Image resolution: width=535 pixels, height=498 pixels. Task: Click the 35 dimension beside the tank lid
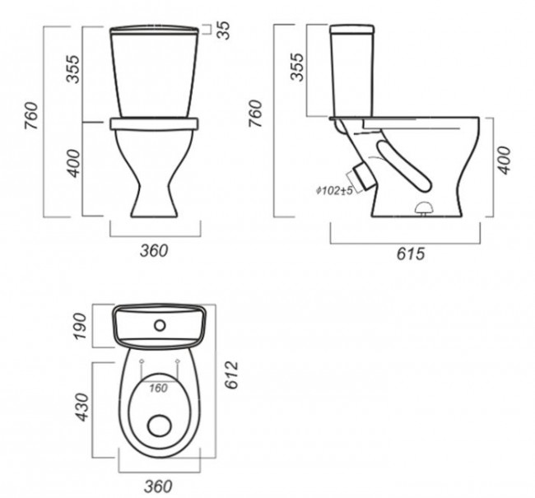point(224,30)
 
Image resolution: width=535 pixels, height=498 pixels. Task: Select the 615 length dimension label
point(411,254)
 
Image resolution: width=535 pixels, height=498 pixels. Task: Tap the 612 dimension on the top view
point(231,375)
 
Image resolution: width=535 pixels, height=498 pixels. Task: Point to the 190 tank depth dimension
point(81,326)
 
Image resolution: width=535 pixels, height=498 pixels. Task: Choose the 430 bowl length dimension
point(81,407)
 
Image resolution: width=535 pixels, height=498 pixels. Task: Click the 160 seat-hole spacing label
point(158,388)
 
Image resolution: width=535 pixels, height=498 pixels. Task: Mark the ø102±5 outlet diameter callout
point(334,190)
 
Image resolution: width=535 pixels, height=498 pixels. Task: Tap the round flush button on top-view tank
point(160,326)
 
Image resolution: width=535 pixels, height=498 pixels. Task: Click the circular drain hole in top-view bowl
point(160,426)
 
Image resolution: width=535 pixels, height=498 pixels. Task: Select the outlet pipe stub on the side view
point(363,176)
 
